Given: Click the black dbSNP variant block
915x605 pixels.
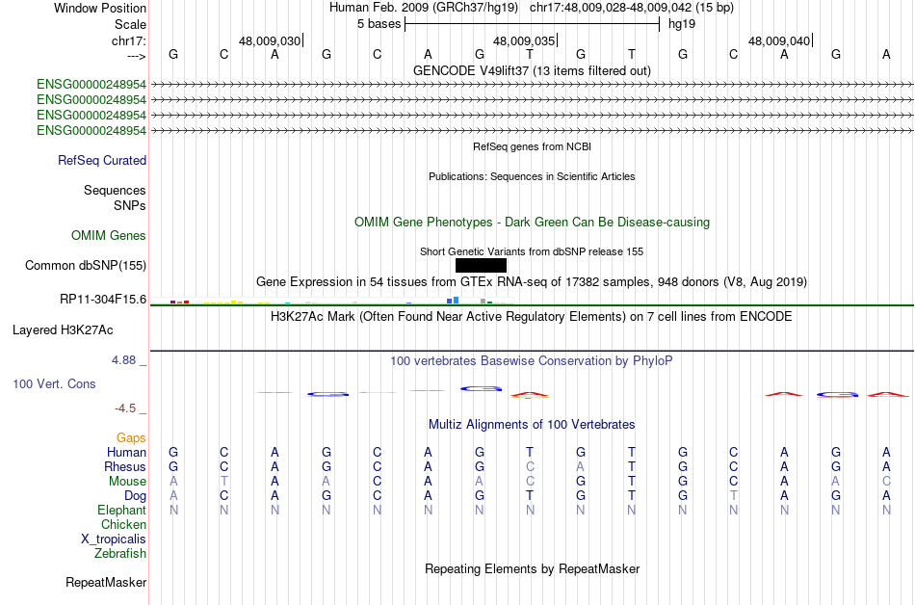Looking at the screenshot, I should pyautogui.click(x=481, y=265).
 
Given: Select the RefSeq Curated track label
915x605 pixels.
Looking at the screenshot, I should pyautogui.click(x=102, y=161).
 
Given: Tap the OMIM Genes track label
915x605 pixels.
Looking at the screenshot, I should pyautogui.click(x=109, y=235).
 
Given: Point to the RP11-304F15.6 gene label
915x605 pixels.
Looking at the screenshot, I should pyautogui.click(x=102, y=299).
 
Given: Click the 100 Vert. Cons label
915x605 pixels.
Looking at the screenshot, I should pyautogui.click(x=54, y=383).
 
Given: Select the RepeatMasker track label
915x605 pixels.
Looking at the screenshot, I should pyautogui.click(x=106, y=582).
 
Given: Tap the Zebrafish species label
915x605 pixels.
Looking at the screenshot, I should pyautogui.click(x=120, y=554).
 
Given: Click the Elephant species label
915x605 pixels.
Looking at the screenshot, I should pyautogui.click(x=121, y=510).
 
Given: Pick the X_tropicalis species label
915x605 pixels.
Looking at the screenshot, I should pyautogui.click(x=114, y=539).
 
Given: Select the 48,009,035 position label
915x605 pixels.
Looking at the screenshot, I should pyautogui.click(x=524, y=41).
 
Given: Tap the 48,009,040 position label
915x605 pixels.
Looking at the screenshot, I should pyautogui.click(x=779, y=41).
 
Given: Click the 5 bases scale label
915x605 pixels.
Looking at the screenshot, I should pyautogui.click(x=375, y=23).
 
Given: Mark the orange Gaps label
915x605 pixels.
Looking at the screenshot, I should pyautogui.click(x=131, y=437).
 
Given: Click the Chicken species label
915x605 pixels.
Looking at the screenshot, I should pyautogui.click(x=123, y=524).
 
